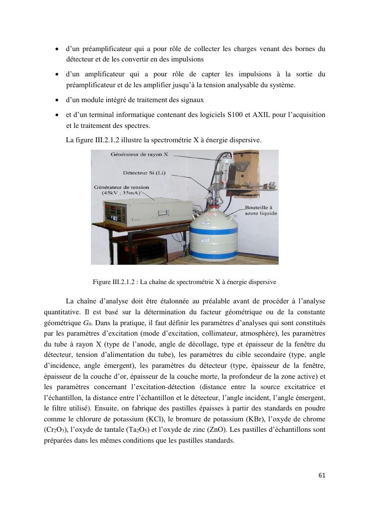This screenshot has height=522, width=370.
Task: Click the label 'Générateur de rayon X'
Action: pyautogui.click(x=140, y=155)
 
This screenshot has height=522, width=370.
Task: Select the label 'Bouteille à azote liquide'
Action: pyautogui.click(x=260, y=210)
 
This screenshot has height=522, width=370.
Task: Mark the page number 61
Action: pyautogui.click(x=322, y=475)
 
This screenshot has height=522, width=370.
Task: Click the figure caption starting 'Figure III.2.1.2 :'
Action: pyautogui.click(x=184, y=282)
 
